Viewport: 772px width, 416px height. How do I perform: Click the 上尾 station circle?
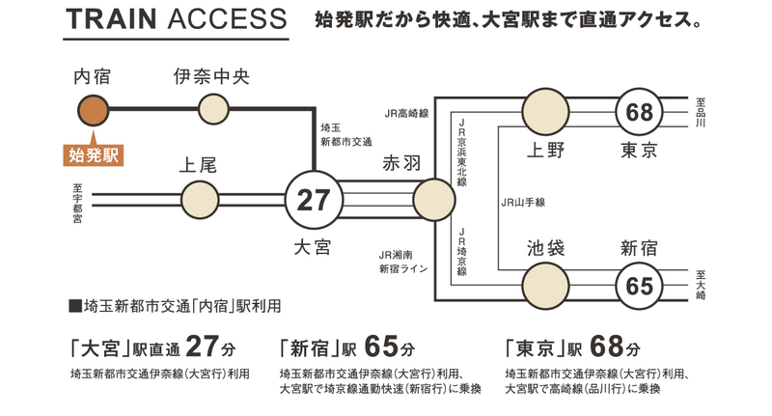201,200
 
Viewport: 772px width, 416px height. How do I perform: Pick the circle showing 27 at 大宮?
315,200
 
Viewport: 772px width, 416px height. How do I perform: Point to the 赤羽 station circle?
431,200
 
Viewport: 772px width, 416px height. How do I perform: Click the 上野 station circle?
544,110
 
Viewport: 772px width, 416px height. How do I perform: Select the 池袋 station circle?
544,287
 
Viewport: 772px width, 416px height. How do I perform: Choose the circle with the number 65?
639,287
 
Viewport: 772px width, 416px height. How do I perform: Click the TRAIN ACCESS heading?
176,20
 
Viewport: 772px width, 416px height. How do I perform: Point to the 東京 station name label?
639,151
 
